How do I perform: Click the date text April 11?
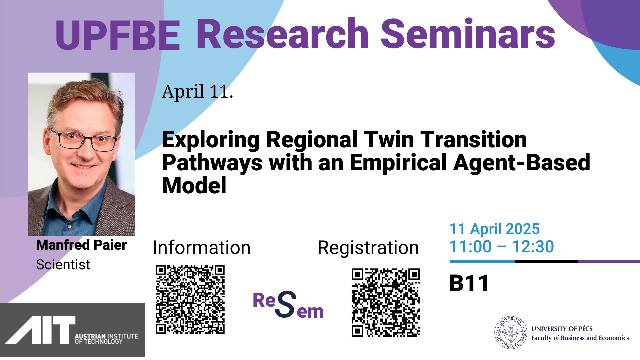(197, 91)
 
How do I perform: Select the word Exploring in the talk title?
(211, 140)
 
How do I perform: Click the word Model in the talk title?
(194, 185)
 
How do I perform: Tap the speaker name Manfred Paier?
(81, 245)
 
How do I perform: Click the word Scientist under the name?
(63, 265)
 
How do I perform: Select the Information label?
(201, 248)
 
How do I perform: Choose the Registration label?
(368, 248)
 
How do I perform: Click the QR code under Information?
(190, 299)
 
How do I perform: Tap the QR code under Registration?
(386, 303)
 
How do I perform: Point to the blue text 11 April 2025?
(494, 229)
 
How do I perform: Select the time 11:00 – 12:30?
(502, 247)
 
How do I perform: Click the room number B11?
(469, 283)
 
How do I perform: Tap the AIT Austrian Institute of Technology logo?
(72, 330)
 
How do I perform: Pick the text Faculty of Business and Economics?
(580, 338)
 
